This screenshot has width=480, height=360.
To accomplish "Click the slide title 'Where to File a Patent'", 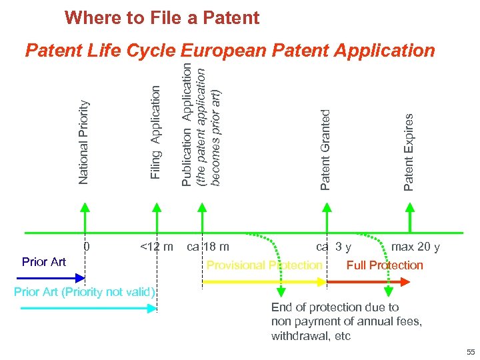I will click(x=162, y=18).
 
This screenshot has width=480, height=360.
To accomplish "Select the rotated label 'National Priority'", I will click(x=83, y=141).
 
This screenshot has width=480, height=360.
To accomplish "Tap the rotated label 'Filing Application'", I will click(x=155, y=132).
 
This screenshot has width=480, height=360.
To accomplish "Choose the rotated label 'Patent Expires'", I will click(x=409, y=151).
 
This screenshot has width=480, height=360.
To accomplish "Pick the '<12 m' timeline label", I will click(x=156, y=247).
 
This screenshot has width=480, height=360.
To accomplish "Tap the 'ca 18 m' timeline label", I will click(x=208, y=247).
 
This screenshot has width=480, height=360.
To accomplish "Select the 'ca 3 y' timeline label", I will click(x=334, y=247).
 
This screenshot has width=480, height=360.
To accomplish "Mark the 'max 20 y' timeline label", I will click(x=415, y=247).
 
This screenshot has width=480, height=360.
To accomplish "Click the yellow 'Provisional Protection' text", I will click(x=264, y=265).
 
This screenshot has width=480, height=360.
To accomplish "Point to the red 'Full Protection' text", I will click(x=385, y=265).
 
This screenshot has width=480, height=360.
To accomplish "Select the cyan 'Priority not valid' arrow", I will click(x=87, y=308).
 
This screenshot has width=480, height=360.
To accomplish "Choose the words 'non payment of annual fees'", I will click(x=346, y=321).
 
